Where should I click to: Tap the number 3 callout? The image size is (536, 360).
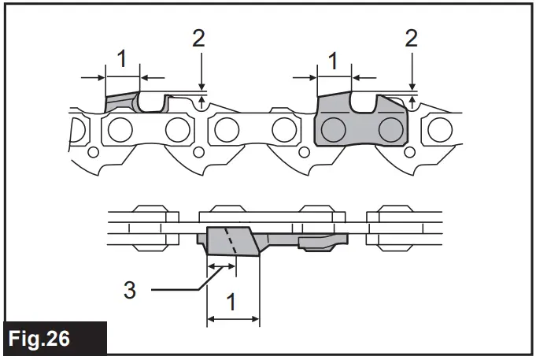(x=130, y=290)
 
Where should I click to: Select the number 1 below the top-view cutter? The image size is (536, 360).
(x=232, y=300)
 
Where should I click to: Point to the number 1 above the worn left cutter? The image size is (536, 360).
(x=122, y=58)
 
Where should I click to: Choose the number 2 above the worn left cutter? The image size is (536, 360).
(x=200, y=38)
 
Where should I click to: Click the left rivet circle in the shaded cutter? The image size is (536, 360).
(x=333, y=128)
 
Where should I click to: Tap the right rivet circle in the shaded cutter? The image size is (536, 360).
(x=388, y=128)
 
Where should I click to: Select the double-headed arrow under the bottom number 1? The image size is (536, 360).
(x=232, y=319)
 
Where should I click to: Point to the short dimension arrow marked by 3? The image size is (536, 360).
(x=220, y=266)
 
